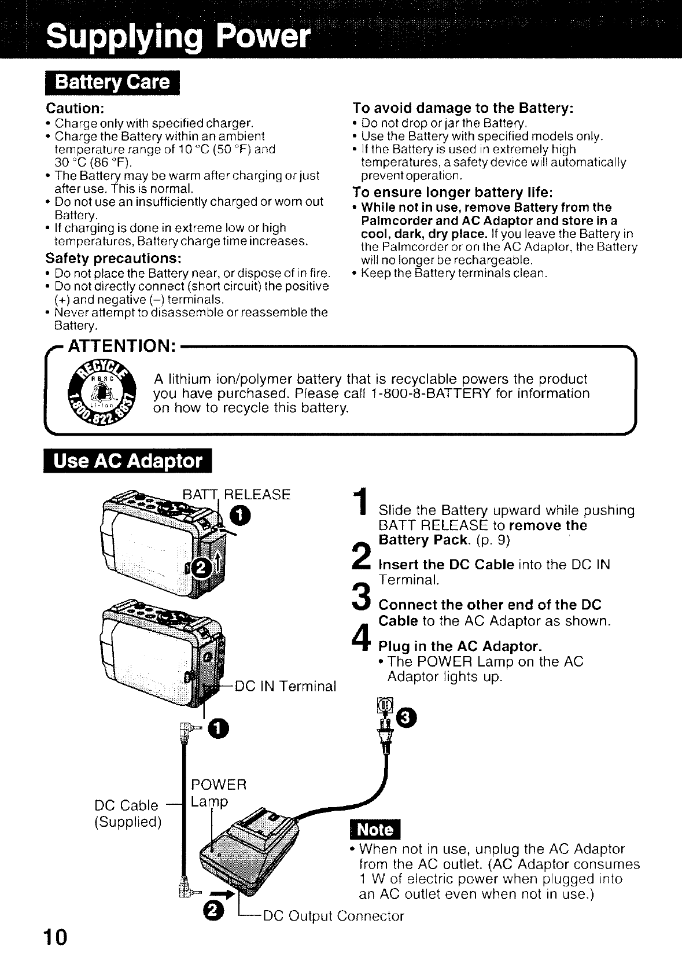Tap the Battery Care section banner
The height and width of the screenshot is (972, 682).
[112, 82]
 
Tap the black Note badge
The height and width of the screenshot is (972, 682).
[375, 830]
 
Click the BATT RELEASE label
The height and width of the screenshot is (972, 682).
[236, 494]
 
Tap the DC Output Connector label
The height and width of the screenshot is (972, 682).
[333, 916]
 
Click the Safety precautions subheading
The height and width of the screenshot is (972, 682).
[113, 257]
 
